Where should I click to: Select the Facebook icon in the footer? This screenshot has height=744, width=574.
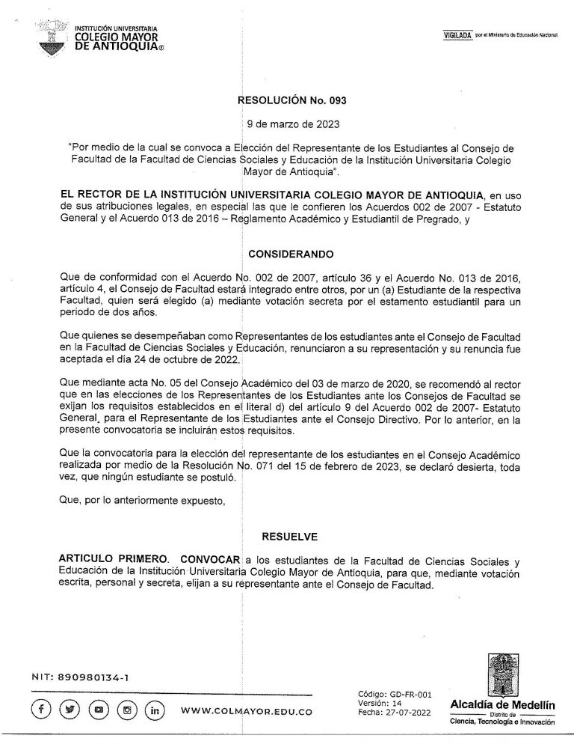pyautogui.click(x=43, y=709)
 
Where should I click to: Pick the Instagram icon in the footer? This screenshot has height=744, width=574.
pyautogui.click(x=127, y=709)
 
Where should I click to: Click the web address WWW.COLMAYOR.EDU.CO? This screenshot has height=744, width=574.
pyautogui.click(x=247, y=710)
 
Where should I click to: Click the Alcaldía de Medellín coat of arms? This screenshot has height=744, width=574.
pyautogui.click(x=499, y=673)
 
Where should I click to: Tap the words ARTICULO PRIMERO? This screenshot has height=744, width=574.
pyautogui.click(x=104, y=558)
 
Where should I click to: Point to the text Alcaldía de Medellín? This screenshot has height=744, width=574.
pyautogui.click(x=499, y=704)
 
